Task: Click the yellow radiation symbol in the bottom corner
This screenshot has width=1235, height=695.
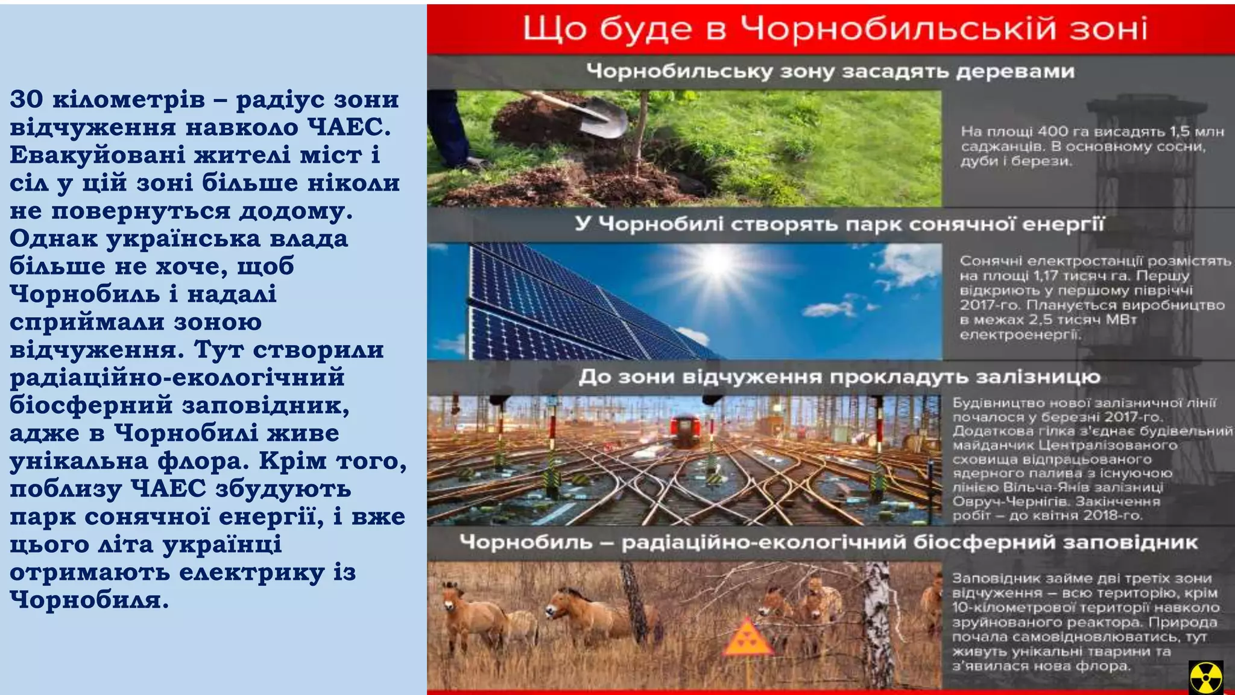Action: [x=1205, y=677]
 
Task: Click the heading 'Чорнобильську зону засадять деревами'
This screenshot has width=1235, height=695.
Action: [x=830, y=71]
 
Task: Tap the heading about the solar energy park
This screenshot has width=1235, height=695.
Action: [x=839, y=224]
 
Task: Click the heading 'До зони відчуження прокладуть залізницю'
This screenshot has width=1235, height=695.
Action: [x=839, y=377]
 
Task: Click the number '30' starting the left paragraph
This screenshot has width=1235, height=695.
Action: [x=26, y=100]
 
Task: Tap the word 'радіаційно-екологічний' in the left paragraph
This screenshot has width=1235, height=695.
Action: [x=177, y=378]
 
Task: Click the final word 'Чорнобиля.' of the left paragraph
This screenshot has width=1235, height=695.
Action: [x=89, y=600]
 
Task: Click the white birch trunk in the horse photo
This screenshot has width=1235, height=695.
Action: [x=877, y=627]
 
